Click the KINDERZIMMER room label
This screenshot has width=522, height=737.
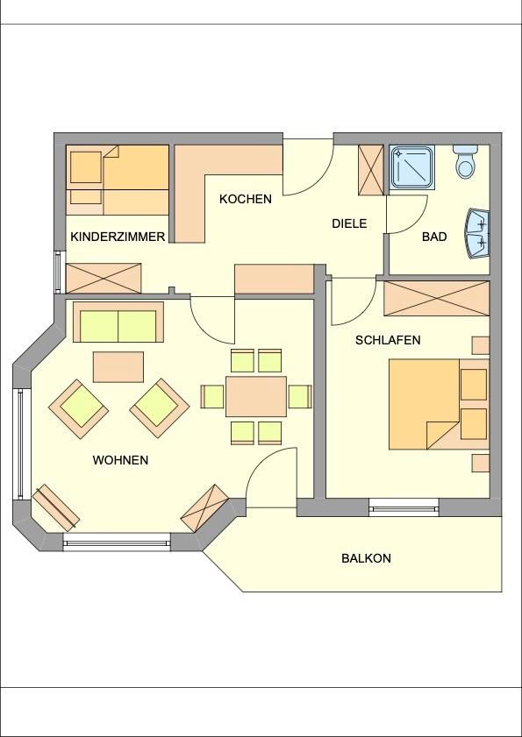coord(118,237)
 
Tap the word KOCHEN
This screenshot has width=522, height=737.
coord(246,199)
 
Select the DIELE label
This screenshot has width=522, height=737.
coord(349,223)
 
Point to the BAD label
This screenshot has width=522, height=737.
coord(434,237)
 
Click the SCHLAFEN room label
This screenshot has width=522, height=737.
coord(388,340)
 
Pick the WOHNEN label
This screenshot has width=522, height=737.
coord(120,460)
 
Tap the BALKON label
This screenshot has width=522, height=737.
coord(366,558)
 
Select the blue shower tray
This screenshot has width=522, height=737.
coord(411,167)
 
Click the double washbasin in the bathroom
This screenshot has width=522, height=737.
coord(477,234)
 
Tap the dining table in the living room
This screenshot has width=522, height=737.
coord(256,396)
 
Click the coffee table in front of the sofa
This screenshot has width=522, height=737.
coord(118,367)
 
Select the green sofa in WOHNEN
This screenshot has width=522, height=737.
coord(118,322)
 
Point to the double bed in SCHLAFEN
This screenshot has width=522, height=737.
coord(440,404)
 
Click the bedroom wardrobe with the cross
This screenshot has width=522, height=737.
coord(437,299)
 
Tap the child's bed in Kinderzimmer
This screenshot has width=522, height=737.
coord(118,180)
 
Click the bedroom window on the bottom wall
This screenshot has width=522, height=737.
coord(404,508)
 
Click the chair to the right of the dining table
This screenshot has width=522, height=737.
coord(300,396)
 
